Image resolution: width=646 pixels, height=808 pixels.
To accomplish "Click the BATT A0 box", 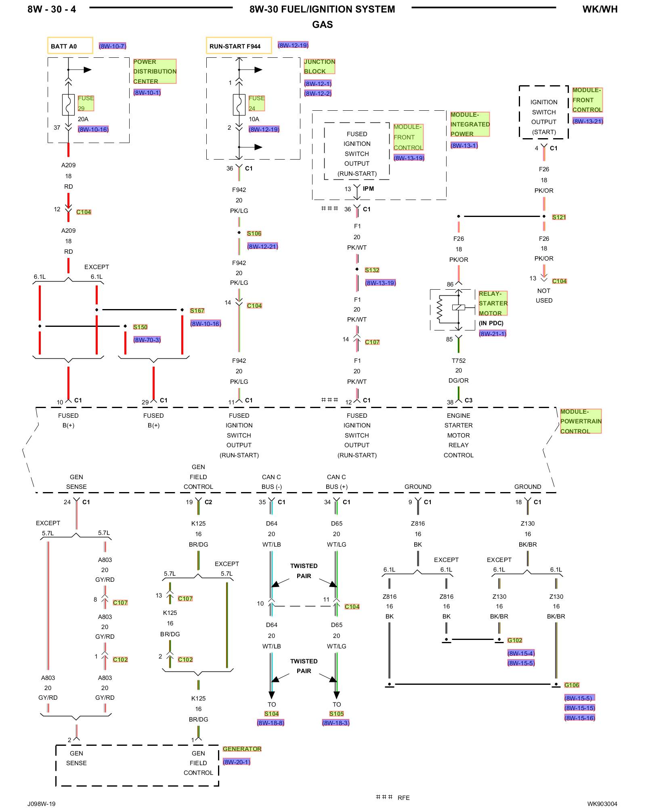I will click(x=70, y=46).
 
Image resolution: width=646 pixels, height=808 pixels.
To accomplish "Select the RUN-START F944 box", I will click(x=239, y=46).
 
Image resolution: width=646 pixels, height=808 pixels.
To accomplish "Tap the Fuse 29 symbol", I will click(x=68, y=105).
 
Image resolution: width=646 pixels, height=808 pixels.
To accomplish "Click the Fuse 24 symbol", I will click(x=239, y=105).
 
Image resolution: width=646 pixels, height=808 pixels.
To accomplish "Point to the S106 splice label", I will click(x=254, y=234).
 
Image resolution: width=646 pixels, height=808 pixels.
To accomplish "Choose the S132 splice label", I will click(x=372, y=270).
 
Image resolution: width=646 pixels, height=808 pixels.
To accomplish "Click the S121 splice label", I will click(x=559, y=217).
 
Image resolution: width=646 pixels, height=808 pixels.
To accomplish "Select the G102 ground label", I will click(x=515, y=640).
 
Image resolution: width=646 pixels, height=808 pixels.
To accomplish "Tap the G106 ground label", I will click(x=572, y=685).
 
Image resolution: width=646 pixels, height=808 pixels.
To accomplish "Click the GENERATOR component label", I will click(x=242, y=749).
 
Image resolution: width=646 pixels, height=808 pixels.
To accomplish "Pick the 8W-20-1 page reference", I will click(x=237, y=762).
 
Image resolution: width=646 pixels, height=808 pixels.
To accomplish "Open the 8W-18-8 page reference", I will click(x=271, y=723).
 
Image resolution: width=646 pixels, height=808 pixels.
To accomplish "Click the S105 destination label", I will click(x=336, y=713).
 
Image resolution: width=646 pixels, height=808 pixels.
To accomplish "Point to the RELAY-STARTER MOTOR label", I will click(x=493, y=303).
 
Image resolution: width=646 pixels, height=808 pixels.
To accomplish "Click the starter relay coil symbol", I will click(x=440, y=309).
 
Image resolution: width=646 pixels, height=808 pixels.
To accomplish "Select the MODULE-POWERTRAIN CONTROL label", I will click(x=581, y=421).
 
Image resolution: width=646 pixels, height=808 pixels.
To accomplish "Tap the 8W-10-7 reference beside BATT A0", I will click(x=113, y=46).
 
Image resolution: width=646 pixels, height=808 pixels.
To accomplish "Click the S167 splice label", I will click(x=197, y=310).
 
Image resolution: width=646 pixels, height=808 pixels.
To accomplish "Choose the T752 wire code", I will click(x=459, y=360).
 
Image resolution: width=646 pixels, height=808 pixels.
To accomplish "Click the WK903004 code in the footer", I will click(x=602, y=804).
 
